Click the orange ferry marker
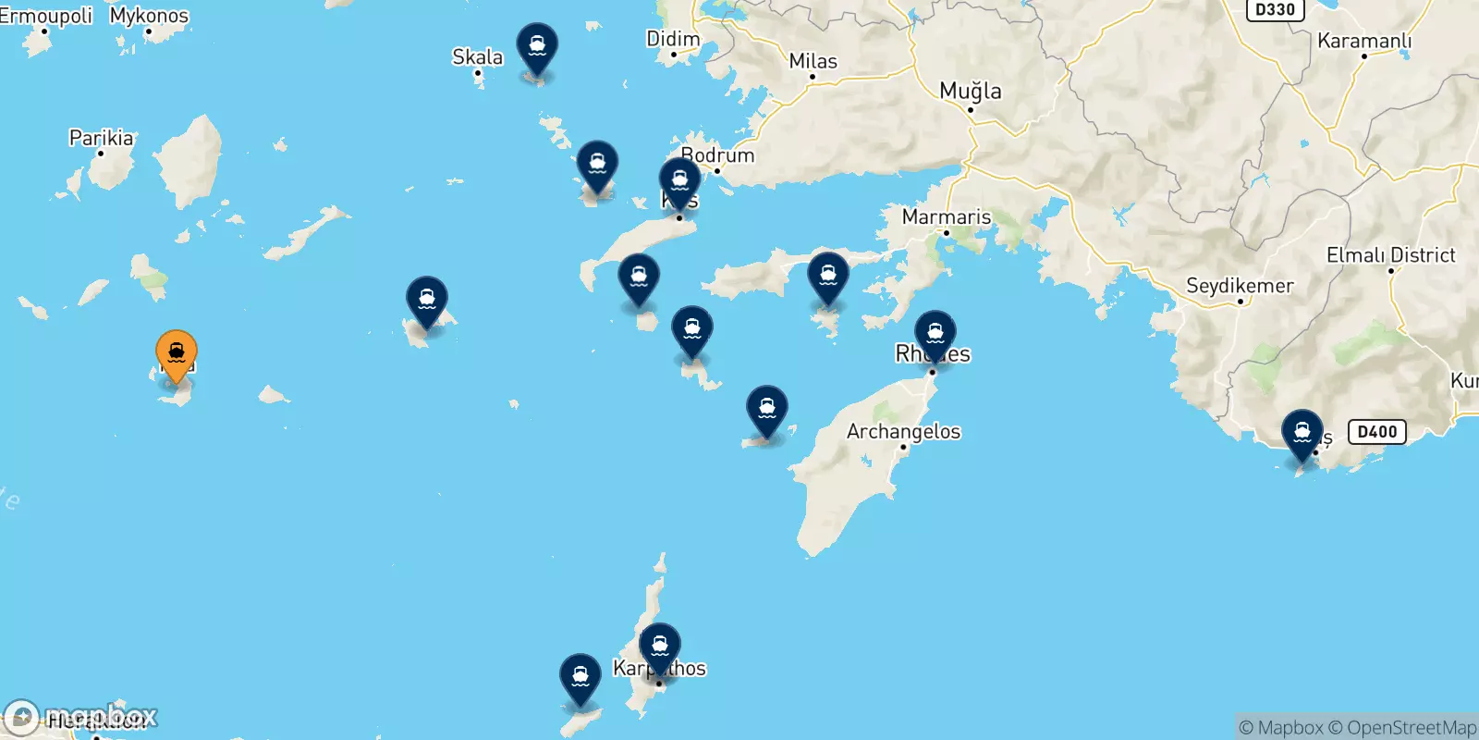(176, 354)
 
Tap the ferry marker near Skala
(537, 46)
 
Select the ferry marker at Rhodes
(935, 334)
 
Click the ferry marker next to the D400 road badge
(1302, 434)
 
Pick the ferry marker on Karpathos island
(660, 647)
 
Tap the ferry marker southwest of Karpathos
(580, 678)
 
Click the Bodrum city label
(718, 155)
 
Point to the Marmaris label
(946, 217)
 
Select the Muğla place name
(970, 91)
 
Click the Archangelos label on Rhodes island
(903, 431)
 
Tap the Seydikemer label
(1240, 286)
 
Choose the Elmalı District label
(1390, 255)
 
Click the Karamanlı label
(1363, 41)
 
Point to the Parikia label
(101, 138)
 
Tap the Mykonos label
(149, 16)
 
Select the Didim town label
(673, 39)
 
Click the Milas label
(813, 61)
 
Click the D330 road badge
(1275, 9)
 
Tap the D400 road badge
(1377, 432)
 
